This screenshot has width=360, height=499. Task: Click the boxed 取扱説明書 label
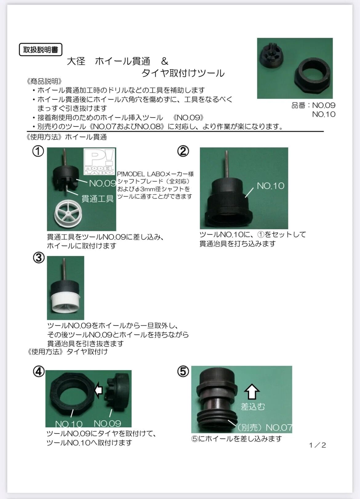41,50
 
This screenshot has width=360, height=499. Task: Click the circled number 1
38,151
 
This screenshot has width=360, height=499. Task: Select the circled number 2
183,151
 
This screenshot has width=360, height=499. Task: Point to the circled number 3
39,257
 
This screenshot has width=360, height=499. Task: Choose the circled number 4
39,371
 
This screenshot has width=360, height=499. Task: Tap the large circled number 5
183,371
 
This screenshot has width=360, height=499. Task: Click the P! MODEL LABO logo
99,162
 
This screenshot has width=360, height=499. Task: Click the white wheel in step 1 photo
68,213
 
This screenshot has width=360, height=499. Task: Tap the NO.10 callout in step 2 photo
270,186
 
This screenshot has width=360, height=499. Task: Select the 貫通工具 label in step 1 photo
98,198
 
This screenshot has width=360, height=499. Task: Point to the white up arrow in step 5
252,391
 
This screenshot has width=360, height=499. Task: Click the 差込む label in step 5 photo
253,407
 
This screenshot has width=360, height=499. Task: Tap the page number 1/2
318,445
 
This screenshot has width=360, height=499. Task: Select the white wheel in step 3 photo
66,305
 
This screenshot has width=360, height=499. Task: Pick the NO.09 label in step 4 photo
107,423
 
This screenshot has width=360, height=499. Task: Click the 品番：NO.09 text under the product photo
313,106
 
